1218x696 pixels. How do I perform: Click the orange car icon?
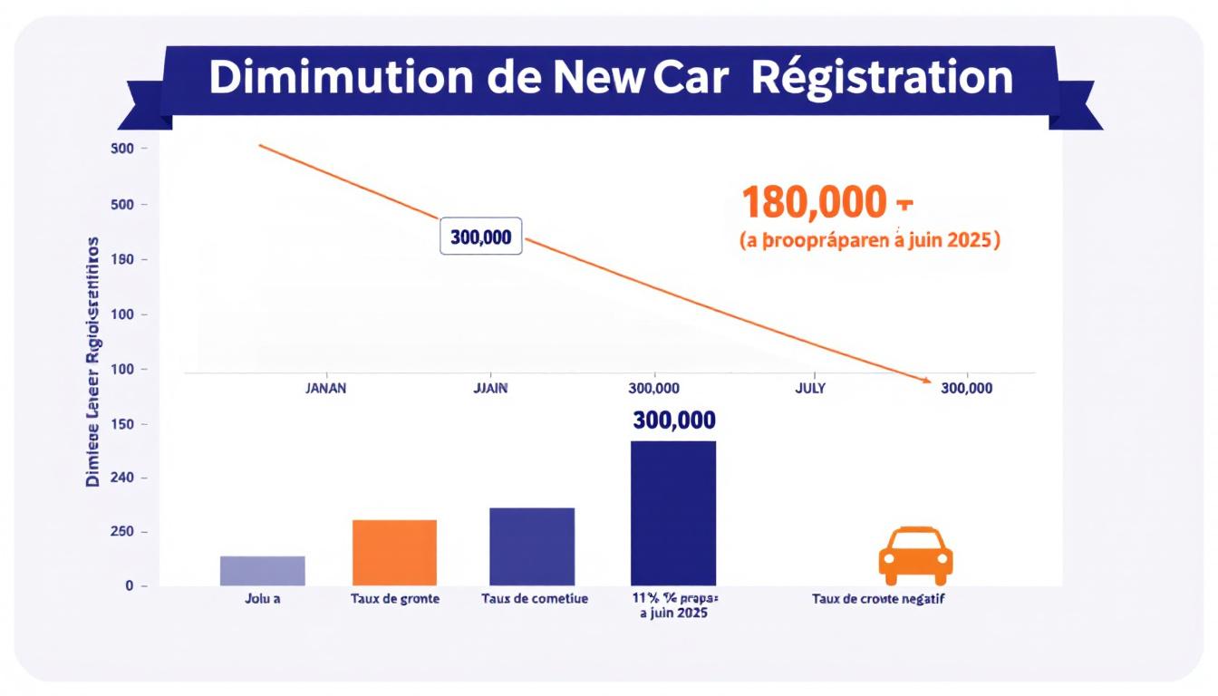tap(915, 555)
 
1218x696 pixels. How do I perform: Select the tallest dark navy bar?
tap(673, 513)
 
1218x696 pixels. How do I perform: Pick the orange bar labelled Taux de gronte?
tap(394, 552)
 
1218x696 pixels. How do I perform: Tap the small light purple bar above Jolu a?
tap(263, 570)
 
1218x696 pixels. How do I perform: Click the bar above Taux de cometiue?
tap(532, 546)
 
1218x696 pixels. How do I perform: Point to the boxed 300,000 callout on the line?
tap(480, 237)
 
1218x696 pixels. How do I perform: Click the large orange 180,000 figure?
tap(814, 203)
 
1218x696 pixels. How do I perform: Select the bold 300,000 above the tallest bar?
tap(674, 420)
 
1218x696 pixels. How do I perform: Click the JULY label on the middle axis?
tap(809, 388)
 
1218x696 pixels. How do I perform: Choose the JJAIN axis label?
tap(491, 388)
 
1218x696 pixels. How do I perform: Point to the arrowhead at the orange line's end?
tap(925, 382)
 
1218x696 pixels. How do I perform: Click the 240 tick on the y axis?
tap(122, 478)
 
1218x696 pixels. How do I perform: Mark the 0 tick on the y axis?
tap(130, 586)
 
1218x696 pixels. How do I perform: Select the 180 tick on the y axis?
tap(122, 260)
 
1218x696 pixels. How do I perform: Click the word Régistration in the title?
tap(882, 78)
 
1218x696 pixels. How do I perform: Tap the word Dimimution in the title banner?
tap(341, 78)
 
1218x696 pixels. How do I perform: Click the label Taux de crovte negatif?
tap(879, 599)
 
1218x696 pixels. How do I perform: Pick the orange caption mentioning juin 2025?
tap(870, 242)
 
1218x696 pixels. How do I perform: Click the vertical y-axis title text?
tap(92, 362)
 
